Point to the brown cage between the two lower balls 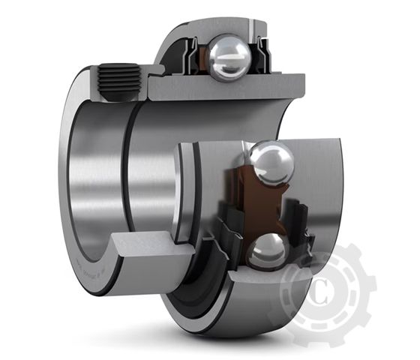coord(258,207)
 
